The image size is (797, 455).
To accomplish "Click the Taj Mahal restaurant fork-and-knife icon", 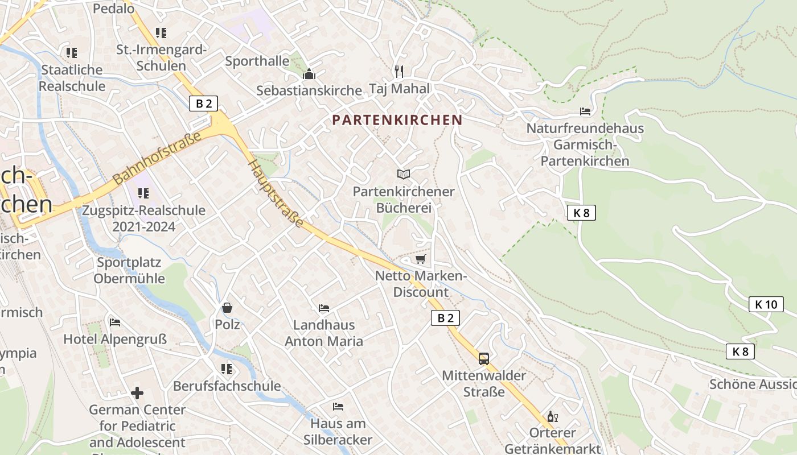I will coord(399,71).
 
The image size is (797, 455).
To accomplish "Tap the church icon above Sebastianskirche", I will coord(309,74).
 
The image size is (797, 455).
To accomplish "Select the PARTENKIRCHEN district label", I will coord(397,120).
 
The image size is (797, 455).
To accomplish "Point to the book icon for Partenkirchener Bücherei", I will coord(404,174).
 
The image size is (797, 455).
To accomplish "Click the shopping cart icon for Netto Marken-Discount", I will coord(421,259).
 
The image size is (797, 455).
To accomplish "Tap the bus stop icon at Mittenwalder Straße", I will coord(483,358).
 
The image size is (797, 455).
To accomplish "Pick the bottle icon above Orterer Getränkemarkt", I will coord(552,417).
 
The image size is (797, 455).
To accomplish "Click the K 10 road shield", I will coord(766,304).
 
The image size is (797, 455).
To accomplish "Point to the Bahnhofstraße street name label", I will coord(157,158).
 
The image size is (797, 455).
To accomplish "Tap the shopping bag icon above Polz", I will coord(227,308).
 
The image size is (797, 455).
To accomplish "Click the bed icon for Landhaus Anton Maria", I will coord(324,308).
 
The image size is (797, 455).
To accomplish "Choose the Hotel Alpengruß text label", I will coord(115,340).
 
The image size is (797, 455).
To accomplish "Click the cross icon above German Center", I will coord(137,393).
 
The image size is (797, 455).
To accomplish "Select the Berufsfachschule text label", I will coord(227,386).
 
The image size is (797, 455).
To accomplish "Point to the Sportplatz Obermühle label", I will coord(129,271).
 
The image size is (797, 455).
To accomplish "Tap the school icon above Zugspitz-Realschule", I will coord(143,193).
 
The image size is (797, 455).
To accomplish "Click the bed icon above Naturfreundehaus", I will coord(585,111).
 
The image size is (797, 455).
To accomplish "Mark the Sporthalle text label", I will coord(257,61).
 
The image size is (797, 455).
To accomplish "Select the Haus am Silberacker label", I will coord(338,432).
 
